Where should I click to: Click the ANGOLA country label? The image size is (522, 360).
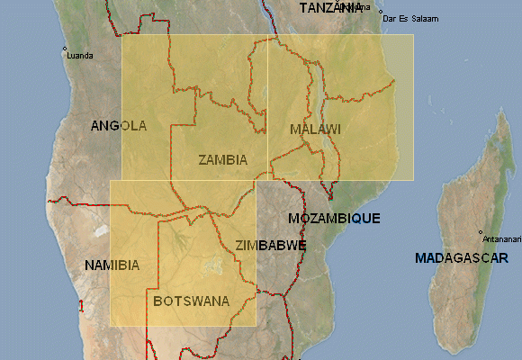click(x=119, y=126)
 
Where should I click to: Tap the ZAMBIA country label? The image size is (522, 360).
click(x=222, y=160)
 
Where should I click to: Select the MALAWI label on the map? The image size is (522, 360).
click(x=315, y=130)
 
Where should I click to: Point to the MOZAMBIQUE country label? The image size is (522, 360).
click(x=334, y=218)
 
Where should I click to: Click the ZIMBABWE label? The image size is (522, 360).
click(x=270, y=245)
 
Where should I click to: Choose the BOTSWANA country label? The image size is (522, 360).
click(x=191, y=301)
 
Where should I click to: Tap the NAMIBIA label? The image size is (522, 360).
click(x=112, y=265)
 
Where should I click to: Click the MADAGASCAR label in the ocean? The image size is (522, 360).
click(x=462, y=258)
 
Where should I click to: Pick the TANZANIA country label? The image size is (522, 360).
click(x=328, y=7)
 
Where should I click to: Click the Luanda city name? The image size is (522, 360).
click(x=80, y=55)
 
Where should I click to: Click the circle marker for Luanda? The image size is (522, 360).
click(x=65, y=49)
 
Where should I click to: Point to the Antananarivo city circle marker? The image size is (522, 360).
click(x=481, y=232)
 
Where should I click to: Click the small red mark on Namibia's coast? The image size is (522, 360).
click(x=81, y=307)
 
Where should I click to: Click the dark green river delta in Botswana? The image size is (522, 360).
click(x=176, y=239)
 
